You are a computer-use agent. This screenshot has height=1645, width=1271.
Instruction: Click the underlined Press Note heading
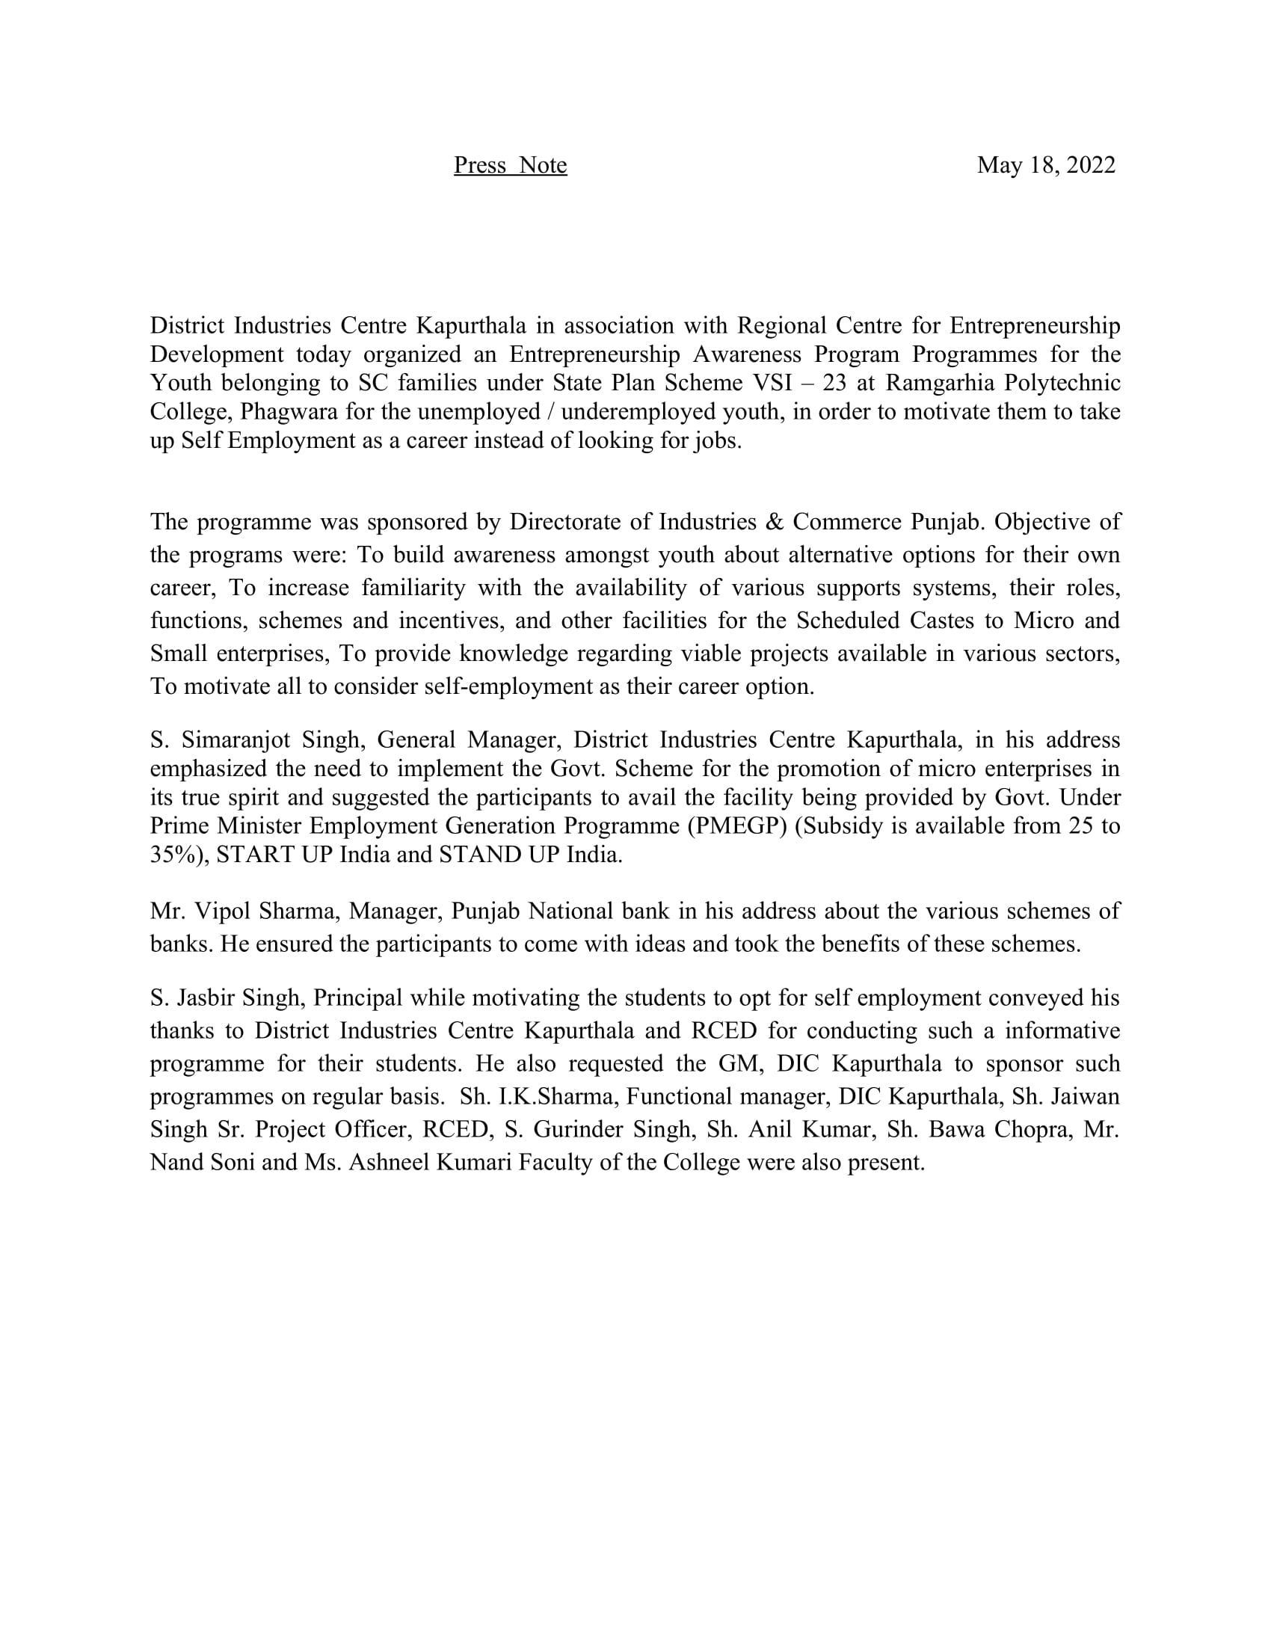point(510,165)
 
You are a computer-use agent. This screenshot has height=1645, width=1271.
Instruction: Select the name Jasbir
point(204,997)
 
